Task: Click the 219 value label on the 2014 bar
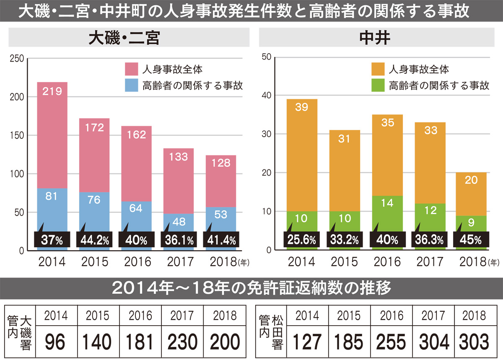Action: [x=52, y=91]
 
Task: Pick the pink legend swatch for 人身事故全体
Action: [x=131, y=69]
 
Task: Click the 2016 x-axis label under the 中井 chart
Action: [x=387, y=262]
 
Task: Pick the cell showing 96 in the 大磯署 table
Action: [x=55, y=342]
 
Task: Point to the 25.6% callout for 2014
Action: [x=301, y=241]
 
